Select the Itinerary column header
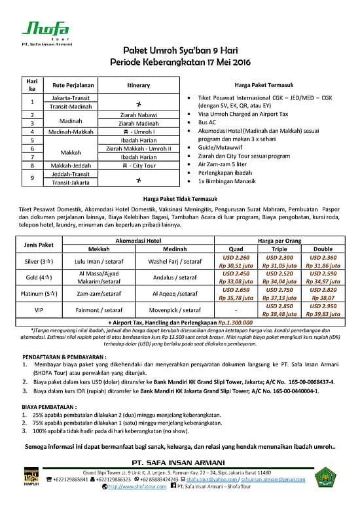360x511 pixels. pos(139,85)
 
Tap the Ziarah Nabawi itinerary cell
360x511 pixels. pos(139,114)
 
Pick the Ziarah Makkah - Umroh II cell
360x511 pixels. pos(139,149)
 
